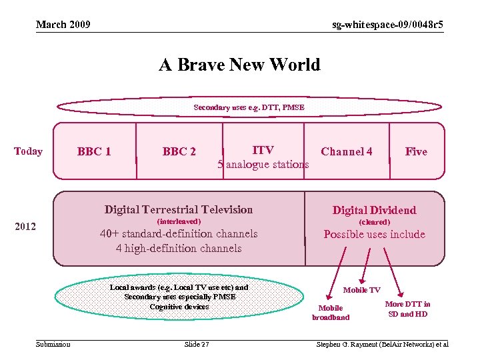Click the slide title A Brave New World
click(x=239, y=65)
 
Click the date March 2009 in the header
click(x=63, y=25)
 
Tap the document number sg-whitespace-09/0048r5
click(x=388, y=25)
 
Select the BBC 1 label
click(x=94, y=151)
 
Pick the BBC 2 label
click(x=179, y=151)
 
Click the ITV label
click(x=263, y=150)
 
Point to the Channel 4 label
click(x=347, y=151)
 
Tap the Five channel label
click(x=416, y=151)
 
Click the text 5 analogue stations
click(x=263, y=164)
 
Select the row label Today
click(x=28, y=151)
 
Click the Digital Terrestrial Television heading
click(x=179, y=209)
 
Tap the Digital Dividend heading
click(x=374, y=210)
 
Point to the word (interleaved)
click(x=178, y=221)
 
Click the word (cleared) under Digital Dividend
click(x=374, y=222)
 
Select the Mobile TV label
click(x=361, y=290)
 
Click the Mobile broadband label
click(x=331, y=313)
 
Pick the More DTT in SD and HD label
click(x=407, y=309)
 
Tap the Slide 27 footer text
click(x=196, y=344)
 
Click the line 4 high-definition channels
click(x=179, y=248)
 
